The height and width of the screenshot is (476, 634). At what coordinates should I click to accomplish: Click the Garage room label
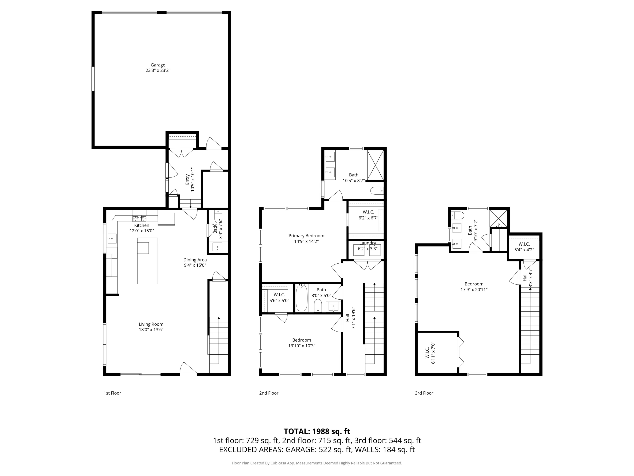point(158,65)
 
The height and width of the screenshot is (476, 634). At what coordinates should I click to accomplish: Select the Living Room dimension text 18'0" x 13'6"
point(151,330)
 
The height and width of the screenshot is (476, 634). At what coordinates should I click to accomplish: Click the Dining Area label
point(195,260)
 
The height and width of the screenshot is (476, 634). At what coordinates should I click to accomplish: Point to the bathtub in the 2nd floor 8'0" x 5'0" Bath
point(302,298)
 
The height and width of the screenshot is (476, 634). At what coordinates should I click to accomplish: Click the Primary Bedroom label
point(306,235)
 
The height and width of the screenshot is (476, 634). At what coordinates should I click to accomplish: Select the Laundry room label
point(368,243)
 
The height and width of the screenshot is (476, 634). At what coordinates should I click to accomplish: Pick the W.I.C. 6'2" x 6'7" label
point(368,212)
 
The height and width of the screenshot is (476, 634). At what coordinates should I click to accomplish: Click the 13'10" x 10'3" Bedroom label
point(302,340)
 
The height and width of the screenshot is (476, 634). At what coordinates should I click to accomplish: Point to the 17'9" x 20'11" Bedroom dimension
point(474,289)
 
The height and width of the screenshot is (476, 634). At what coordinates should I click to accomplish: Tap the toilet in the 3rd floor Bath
point(458,215)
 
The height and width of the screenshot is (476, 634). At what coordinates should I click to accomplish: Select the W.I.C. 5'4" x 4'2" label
point(524,244)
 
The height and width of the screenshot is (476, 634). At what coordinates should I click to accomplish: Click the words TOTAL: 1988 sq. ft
point(317,431)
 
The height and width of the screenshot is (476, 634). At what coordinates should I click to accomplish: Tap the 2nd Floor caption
point(269,393)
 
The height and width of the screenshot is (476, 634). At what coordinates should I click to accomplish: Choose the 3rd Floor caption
point(424,393)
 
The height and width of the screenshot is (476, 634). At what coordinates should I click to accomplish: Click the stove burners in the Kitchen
point(139,219)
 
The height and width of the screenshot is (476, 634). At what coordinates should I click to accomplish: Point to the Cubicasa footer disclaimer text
point(317,463)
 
